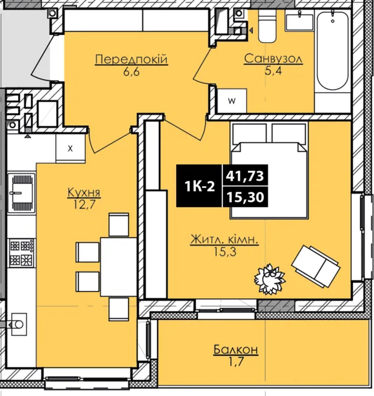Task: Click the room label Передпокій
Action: point(131,59)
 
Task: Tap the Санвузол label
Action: point(273,59)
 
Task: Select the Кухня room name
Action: point(84,193)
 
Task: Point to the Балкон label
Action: point(236,350)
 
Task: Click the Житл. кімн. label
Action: point(224,239)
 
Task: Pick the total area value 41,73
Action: point(245,176)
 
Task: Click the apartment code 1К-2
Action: point(200,187)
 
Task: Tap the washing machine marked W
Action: point(232,101)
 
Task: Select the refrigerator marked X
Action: point(70,148)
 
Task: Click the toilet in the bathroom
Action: point(268,26)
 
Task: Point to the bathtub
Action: point(333,51)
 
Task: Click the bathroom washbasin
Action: point(299,21)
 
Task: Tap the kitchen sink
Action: point(22,193)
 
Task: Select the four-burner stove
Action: point(22,253)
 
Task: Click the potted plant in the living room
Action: point(270,279)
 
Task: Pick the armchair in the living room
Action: point(316,266)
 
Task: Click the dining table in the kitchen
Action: point(119,267)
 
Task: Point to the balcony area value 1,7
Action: point(236,361)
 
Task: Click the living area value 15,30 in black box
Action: point(245,197)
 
